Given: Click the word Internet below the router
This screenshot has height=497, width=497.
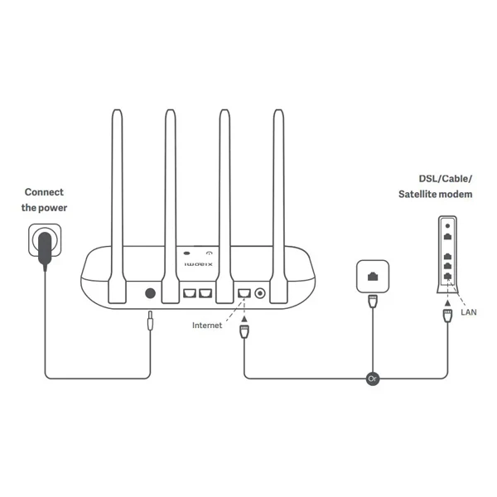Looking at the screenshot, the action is pos(207,326).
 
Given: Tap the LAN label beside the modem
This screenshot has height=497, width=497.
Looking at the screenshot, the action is pos(469,312).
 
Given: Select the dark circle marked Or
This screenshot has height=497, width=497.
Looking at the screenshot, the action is pos(373,379).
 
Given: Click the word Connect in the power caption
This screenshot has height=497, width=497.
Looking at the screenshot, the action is pos(44,192).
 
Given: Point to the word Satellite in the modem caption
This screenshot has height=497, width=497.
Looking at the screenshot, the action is pos(417,194).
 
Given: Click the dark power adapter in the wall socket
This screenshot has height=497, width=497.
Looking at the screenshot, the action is pos(45,250).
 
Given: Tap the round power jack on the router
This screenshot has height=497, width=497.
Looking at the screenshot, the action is pos(150,293).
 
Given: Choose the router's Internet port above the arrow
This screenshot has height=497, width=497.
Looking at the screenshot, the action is pos(244,293).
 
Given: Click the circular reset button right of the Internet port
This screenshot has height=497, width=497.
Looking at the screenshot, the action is pos(260,293).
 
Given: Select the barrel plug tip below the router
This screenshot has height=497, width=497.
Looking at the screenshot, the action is pos(150,321).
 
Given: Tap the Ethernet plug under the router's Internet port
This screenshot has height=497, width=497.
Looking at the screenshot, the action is pos(244,331).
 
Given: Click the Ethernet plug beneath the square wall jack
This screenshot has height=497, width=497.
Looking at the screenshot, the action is pos(373,302).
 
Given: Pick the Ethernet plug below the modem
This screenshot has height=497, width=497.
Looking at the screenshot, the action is pos(447,316).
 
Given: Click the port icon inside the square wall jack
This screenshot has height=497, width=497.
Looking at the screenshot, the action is pos(373,277).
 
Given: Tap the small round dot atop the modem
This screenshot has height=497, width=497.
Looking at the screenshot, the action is pos(447,226).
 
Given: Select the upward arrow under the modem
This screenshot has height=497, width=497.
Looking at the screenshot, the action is pos(447,303).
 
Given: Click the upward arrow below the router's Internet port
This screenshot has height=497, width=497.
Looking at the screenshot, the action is pos(244,318).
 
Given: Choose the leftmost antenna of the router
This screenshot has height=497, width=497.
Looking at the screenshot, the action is pos(118,206).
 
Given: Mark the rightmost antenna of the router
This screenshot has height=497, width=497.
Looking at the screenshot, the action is pos(278,206).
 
